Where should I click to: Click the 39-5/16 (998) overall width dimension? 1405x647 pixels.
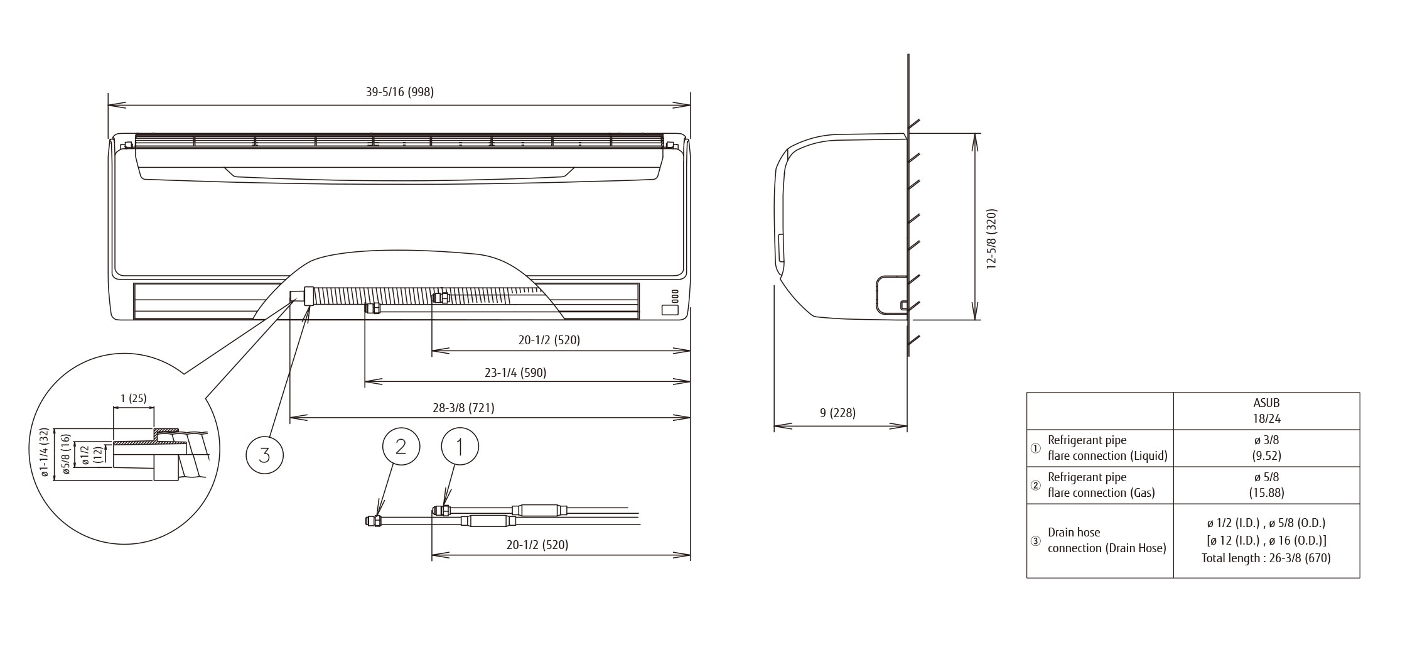pos(400,92)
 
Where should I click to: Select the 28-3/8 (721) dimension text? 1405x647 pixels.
pos(463,408)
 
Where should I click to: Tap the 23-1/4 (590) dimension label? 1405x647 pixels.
pos(515,372)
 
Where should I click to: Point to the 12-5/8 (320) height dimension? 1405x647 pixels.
pos(991,239)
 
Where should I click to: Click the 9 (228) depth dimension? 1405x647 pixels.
pos(837,413)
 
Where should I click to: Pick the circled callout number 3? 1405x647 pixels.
pos(264,454)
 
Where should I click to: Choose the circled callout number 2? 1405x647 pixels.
pos(401,447)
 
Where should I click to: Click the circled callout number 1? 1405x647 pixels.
pos(460,447)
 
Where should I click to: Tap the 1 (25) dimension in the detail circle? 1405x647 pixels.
pos(133,398)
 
